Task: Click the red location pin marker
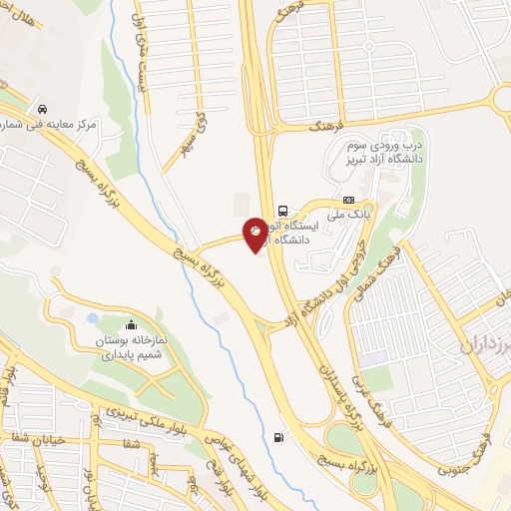point(255,235)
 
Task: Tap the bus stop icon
point(284,211)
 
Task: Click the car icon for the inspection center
point(42,108)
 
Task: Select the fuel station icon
point(277,436)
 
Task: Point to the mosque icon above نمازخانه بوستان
point(131,324)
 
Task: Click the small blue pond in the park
point(93,319)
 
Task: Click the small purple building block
point(374,357)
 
